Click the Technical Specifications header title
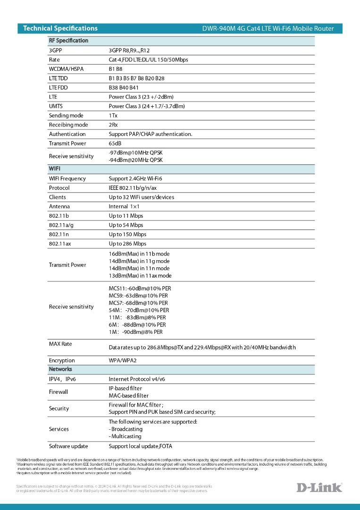(x=60, y=28)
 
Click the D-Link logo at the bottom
(x=319, y=487)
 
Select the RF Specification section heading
(x=68, y=41)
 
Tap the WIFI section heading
(x=55, y=169)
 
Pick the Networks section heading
(x=60, y=369)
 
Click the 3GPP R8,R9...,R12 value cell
(x=129, y=51)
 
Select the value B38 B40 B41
(x=124, y=88)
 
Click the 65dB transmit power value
(x=115, y=144)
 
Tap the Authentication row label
(x=67, y=134)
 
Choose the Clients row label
(x=58, y=197)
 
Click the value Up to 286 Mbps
(x=127, y=244)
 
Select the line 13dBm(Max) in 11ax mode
(x=140, y=276)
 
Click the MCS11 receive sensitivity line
(x=140, y=289)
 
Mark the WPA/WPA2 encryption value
(x=122, y=361)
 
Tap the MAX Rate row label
(x=60, y=344)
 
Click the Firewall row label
(x=59, y=392)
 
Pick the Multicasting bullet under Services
(x=125, y=436)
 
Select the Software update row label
(x=68, y=446)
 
